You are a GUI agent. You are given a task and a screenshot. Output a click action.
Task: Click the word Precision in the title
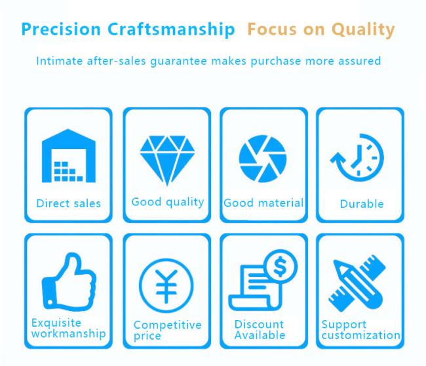click(61, 30)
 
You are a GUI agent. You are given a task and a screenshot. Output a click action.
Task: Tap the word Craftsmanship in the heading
click(171, 30)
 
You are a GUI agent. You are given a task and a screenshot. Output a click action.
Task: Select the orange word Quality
click(363, 30)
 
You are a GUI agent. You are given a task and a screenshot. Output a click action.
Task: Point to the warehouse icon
click(68, 155)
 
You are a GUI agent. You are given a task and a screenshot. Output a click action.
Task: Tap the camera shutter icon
click(263, 159)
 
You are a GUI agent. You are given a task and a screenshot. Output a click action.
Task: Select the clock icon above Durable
click(358, 157)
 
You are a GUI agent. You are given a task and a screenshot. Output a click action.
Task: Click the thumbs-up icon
click(69, 281)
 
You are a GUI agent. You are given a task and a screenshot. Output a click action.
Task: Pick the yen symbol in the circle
click(166, 286)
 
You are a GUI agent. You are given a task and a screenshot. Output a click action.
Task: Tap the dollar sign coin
click(281, 266)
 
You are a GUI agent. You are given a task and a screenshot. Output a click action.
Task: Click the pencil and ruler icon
click(357, 283)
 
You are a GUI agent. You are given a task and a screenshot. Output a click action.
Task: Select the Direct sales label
click(68, 203)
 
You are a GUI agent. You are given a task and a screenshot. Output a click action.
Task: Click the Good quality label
click(168, 202)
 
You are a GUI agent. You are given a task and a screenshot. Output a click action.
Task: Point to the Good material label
click(263, 203)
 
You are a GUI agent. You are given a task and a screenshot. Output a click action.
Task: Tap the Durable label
click(362, 204)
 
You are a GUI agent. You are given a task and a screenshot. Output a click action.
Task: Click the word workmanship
click(68, 333)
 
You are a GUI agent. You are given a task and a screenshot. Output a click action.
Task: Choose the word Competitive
click(167, 325)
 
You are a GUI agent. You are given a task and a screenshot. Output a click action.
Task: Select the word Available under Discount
click(260, 335)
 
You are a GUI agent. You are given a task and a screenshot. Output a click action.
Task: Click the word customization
click(361, 335)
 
